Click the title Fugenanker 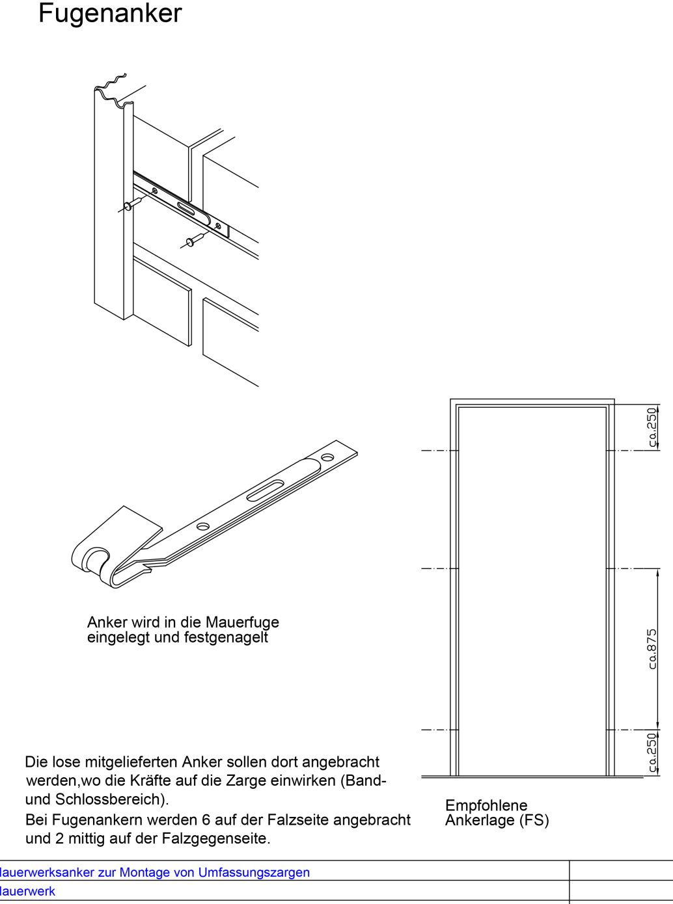coord(110,14)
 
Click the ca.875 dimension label coord(652,649)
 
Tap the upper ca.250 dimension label coord(652,427)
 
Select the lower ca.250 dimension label coord(652,753)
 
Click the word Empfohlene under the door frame coord(486,805)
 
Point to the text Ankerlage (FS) coord(497,821)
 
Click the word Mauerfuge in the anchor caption coord(242,622)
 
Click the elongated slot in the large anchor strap coord(266,491)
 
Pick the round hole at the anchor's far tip coord(327,458)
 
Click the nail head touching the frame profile coord(128,206)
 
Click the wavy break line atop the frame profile coord(111,88)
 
